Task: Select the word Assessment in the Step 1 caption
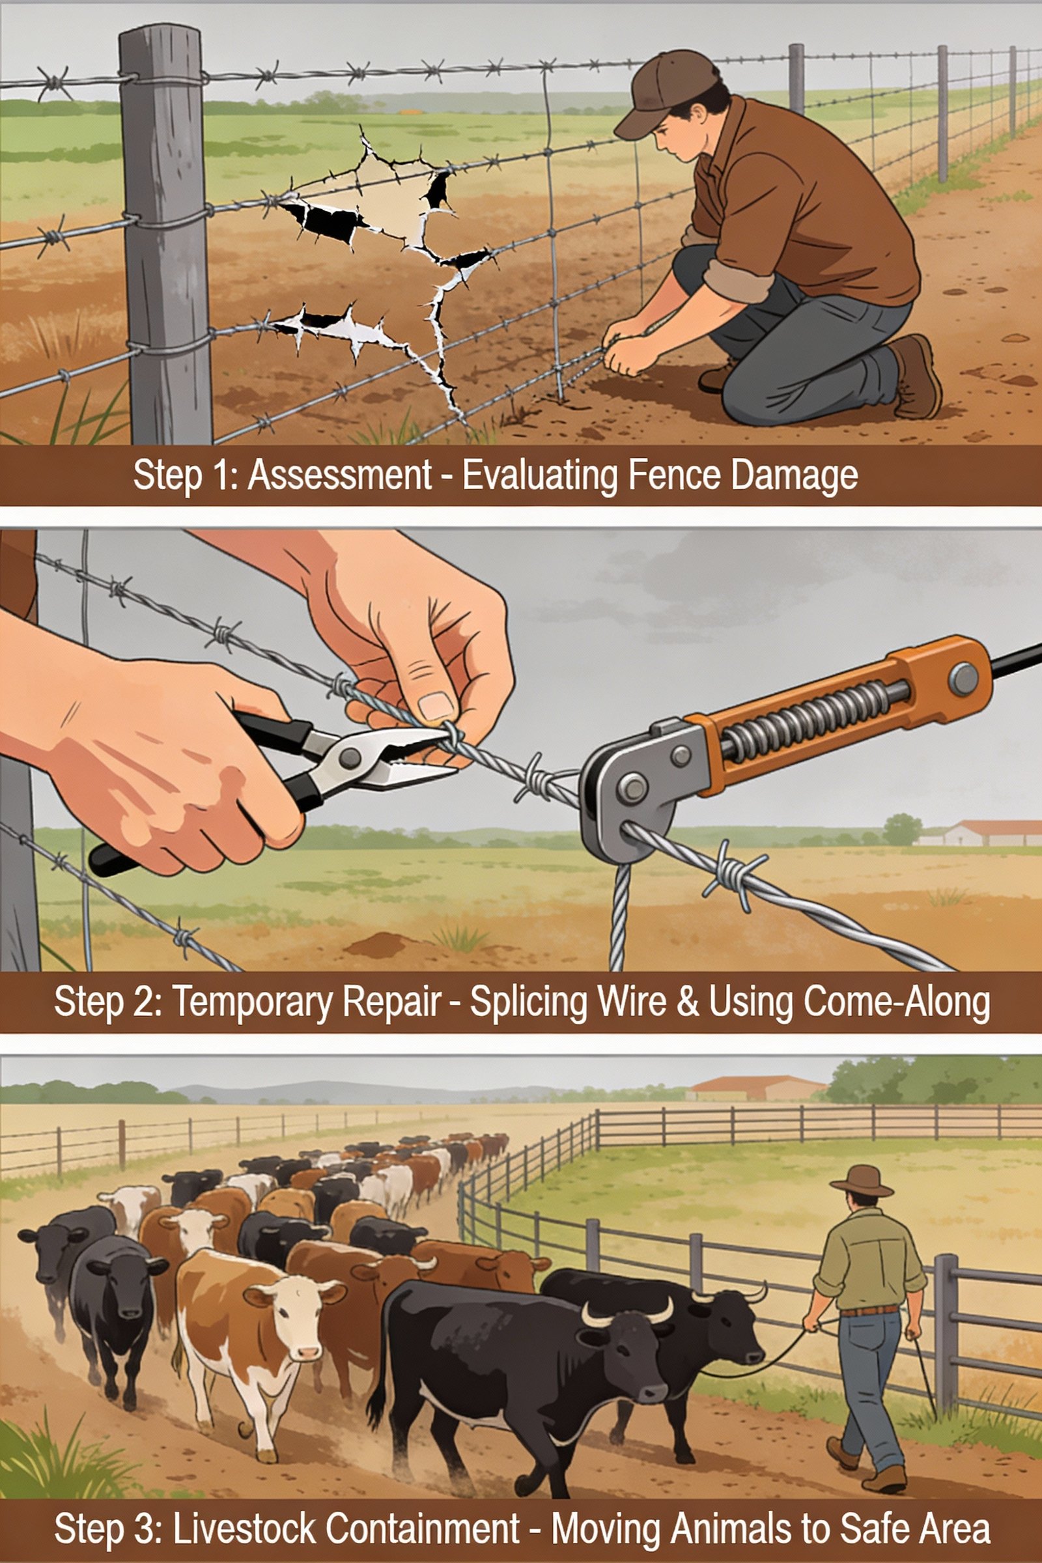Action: pyautogui.click(x=339, y=476)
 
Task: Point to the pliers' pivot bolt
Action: pyautogui.click(x=350, y=756)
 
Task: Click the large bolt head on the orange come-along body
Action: pyautogui.click(x=963, y=678)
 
